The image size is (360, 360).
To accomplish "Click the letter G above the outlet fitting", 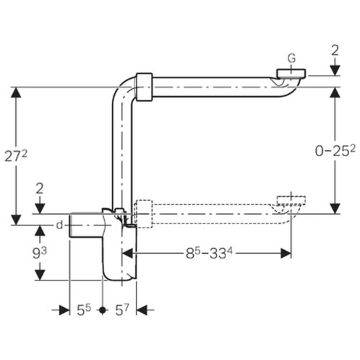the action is click(x=292, y=58).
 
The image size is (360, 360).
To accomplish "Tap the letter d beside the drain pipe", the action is click(x=59, y=225).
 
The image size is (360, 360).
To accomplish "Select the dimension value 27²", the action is click(x=16, y=157).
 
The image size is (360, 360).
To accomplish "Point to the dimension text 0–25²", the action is click(x=335, y=151).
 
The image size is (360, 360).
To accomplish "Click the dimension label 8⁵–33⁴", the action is click(x=209, y=254).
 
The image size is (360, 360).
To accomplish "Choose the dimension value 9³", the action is click(x=40, y=253).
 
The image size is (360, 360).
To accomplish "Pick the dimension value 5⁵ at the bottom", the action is click(x=84, y=310).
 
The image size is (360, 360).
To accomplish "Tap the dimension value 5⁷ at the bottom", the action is click(x=122, y=310).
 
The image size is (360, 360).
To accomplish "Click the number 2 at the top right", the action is click(x=335, y=51).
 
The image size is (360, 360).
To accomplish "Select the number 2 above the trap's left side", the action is click(x=40, y=189).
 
